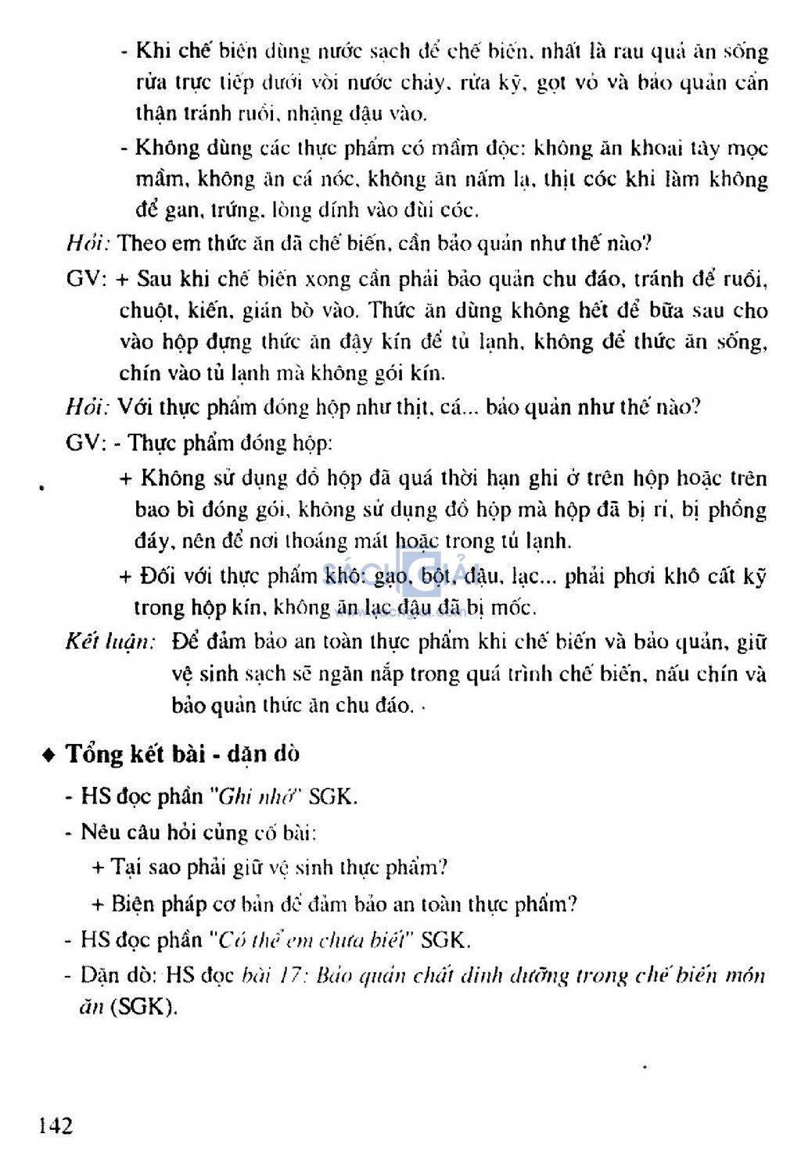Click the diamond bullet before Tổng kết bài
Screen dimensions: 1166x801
point(50,755)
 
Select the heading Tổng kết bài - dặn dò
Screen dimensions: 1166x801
point(182,754)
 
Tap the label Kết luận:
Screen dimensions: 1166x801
point(110,642)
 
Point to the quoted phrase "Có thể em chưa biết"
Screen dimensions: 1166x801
point(311,939)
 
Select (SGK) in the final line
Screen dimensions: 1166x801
point(143,1007)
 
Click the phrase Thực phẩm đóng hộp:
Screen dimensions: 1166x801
point(230,443)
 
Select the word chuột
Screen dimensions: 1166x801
point(147,310)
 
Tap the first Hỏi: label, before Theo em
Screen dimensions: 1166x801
point(88,243)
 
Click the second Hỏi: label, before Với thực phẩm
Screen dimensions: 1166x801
point(88,407)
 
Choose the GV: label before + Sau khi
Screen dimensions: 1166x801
point(86,279)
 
